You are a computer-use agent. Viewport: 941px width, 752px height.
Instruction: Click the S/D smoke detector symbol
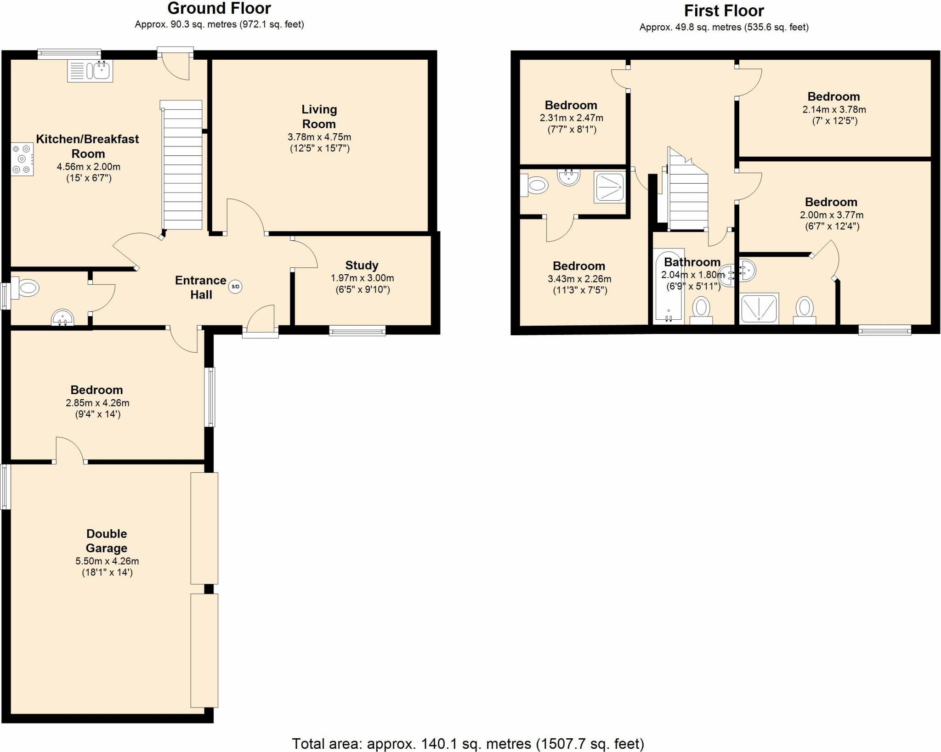235,287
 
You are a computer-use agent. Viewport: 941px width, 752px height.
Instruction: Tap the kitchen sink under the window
90,71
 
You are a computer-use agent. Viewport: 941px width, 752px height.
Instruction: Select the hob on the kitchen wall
23,159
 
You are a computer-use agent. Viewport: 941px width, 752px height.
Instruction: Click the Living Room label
319,117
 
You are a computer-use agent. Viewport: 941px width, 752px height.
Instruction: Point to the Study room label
362,266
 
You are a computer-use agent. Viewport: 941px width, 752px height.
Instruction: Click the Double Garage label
107,541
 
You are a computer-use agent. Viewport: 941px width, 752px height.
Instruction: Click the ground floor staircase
182,165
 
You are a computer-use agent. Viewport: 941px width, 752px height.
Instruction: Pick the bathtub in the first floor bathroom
669,287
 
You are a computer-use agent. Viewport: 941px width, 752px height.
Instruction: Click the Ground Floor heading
219,8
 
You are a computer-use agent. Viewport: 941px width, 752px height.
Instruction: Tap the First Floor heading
724,11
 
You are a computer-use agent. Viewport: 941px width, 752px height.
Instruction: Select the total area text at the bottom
468,743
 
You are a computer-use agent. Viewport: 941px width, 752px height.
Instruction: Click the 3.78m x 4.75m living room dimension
319,137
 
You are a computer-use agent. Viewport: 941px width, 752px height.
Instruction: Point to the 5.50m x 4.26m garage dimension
107,561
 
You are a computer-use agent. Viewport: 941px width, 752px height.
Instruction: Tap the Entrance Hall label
201,288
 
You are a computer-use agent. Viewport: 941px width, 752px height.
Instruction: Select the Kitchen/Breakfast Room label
88,146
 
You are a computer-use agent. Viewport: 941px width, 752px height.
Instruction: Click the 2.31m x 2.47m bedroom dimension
571,118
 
